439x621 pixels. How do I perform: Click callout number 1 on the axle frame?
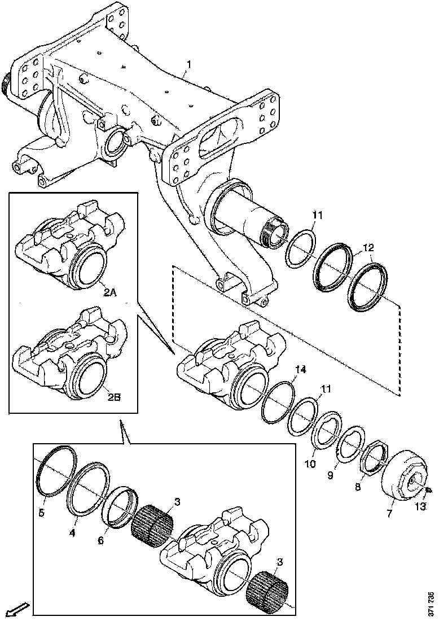point(189,65)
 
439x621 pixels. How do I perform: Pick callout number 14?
point(301,370)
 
